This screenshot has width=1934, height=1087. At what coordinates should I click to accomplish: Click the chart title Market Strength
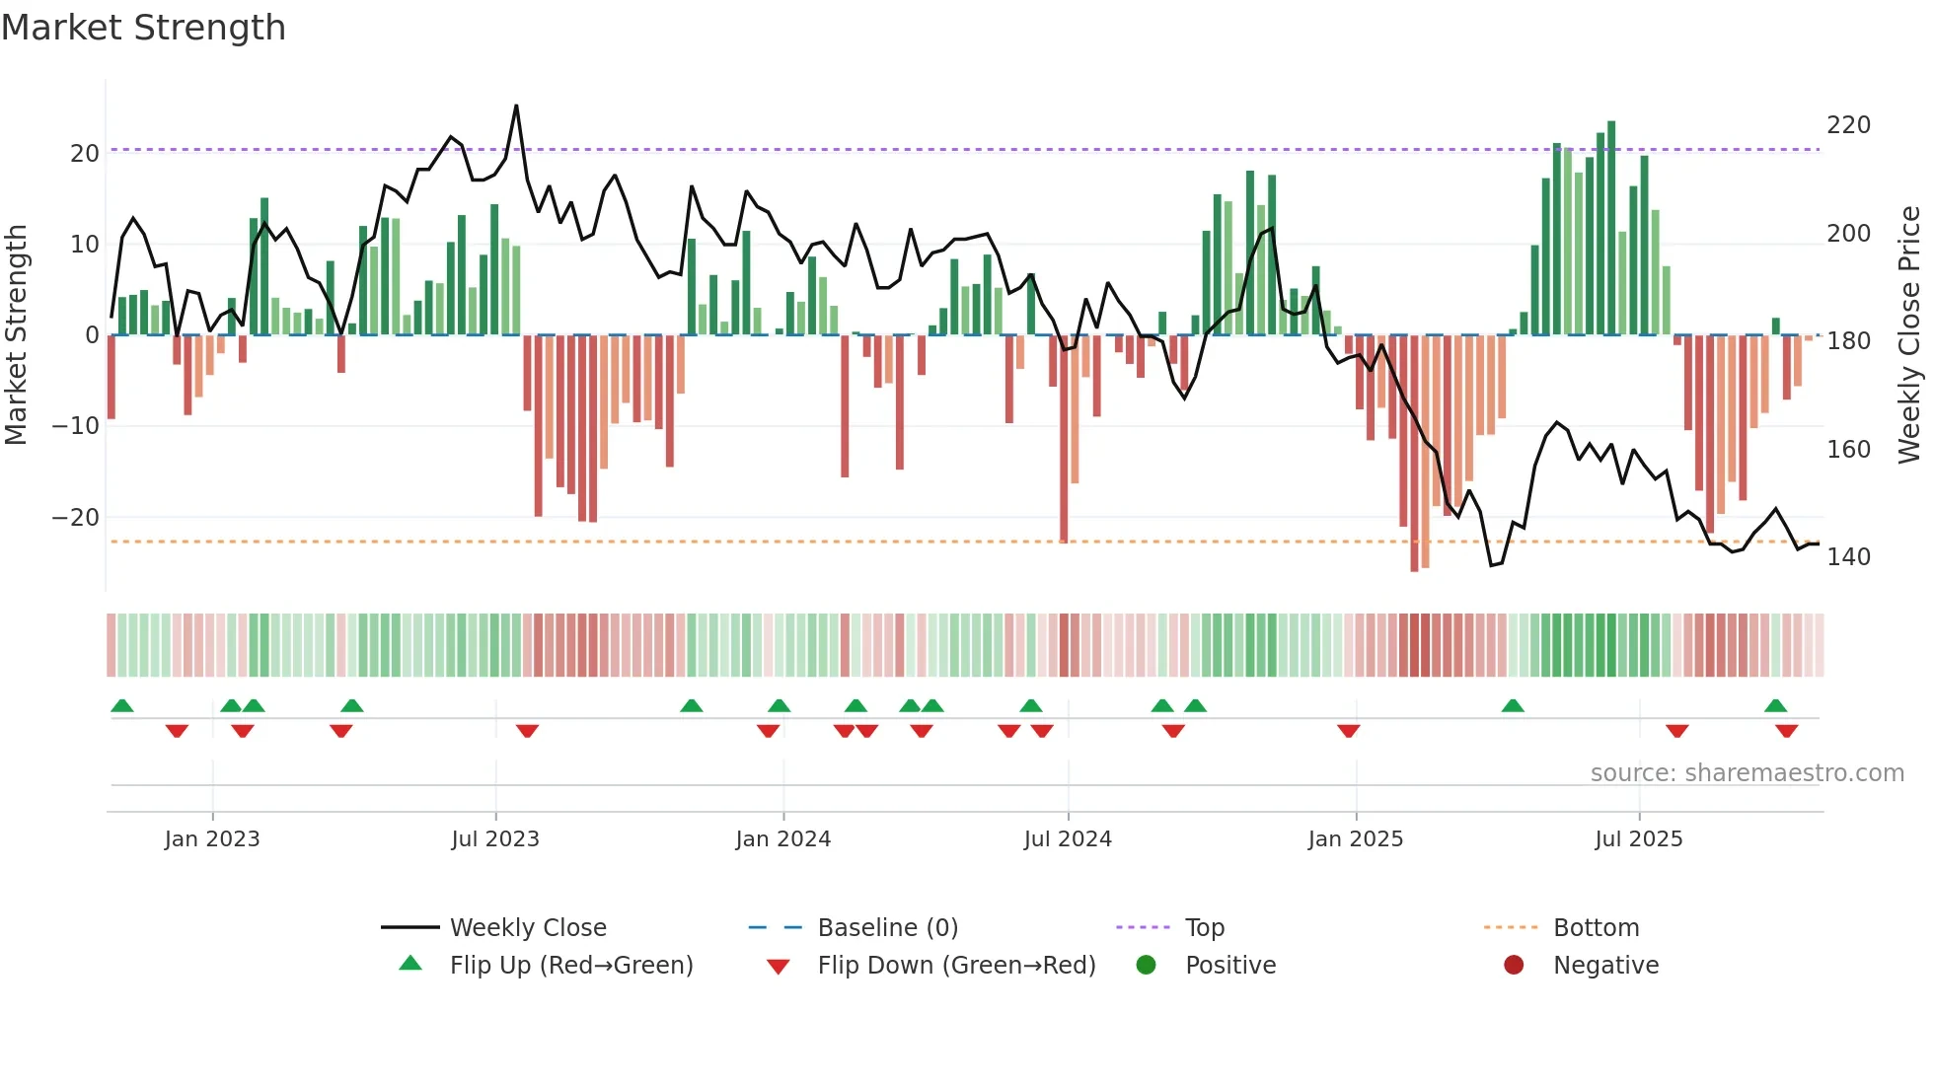143,28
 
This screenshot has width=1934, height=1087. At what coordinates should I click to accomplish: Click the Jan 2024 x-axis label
782,838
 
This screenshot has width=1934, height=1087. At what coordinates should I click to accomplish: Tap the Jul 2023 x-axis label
494,838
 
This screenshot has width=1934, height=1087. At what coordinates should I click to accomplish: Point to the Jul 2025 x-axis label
1638,838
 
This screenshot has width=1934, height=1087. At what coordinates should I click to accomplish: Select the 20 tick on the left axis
84,153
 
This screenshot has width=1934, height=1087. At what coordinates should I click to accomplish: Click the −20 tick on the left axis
76,517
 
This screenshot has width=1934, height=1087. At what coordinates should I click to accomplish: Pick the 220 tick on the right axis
1848,125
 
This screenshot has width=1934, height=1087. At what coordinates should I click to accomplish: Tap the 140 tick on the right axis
1848,557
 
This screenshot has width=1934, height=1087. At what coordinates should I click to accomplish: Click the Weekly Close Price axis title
1909,334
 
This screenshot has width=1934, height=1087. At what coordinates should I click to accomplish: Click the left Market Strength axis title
16,334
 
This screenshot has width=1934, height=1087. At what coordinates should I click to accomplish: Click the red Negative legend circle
1514,965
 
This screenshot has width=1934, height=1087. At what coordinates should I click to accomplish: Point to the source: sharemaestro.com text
1747,772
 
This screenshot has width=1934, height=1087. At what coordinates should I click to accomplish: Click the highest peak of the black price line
516,106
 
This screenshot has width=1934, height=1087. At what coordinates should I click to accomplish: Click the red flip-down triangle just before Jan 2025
1349,731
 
